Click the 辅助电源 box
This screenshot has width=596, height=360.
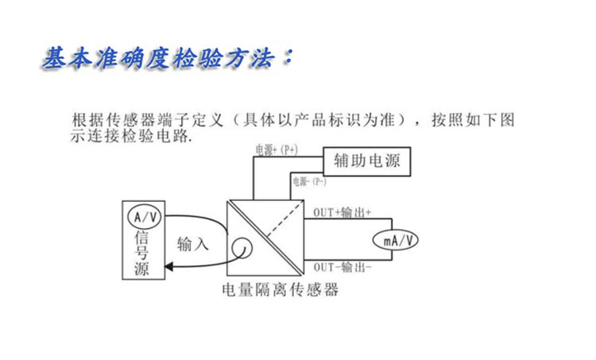tap(366, 162)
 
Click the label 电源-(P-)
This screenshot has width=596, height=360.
tap(309, 182)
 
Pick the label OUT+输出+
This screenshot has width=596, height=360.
tap(343, 212)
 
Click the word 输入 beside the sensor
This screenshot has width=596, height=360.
tap(193, 244)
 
